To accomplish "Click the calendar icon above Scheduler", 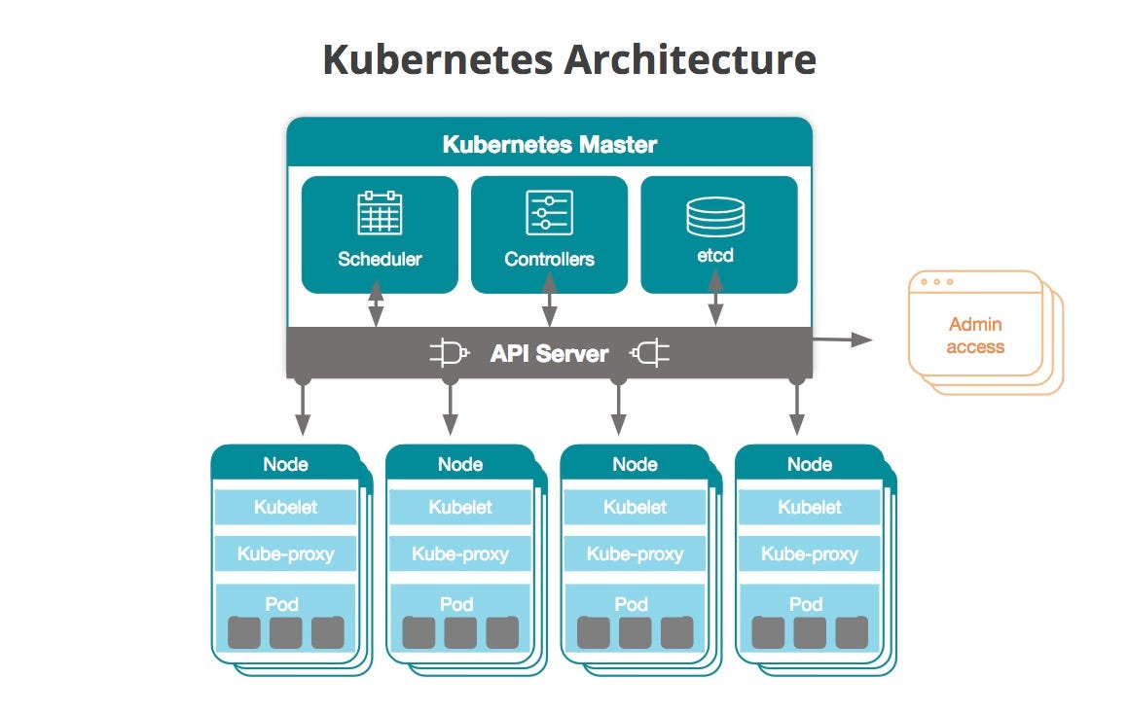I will (x=380, y=213).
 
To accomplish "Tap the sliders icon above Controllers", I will (x=549, y=213).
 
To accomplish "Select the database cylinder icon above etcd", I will (x=715, y=216).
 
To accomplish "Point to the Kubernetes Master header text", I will (x=550, y=145).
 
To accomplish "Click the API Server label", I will (x=549, y=353).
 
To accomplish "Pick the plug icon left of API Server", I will (x=450, y=353).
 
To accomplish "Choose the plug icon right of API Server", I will (x=650, y=353).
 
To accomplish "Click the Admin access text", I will (x=974, y=336).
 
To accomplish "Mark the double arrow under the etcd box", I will (x=715, y=301).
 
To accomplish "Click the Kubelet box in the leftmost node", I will (x=285, y=507).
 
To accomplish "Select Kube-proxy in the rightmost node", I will (x=809, y=554).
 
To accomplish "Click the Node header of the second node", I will (x=459, y=465).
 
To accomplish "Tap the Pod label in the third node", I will (x=631, y=604).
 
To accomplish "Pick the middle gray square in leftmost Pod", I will (x=286, y=633).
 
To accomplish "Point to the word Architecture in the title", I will (x=689, y=59).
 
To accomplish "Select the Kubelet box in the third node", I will (x=635, y=507).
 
